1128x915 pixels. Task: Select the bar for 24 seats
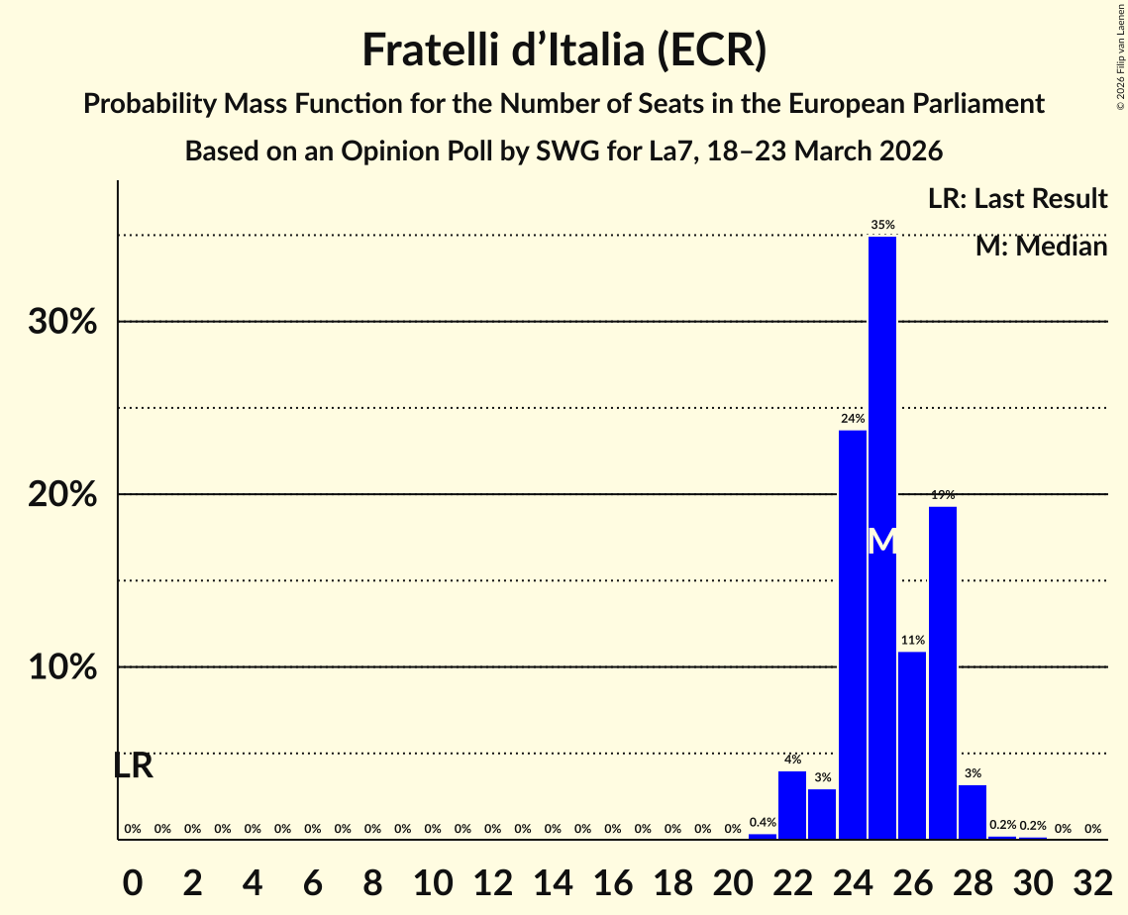[853, 634]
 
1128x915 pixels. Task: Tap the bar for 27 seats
[943, 672]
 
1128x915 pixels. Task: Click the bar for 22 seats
[792, 804]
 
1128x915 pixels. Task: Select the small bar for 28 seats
[973, 812]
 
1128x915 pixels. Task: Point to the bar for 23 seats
[822, 814]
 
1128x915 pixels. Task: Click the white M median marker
[882, 542]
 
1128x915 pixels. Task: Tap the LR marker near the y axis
[133, 765]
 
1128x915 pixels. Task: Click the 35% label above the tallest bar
[882, 225]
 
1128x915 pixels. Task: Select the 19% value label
[943, 494]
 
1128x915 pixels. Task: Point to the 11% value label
[912, 640]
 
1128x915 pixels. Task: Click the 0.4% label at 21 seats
[763, 822]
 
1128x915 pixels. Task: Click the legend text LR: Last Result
[1017, 199]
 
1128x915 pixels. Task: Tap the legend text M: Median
[1040, 247]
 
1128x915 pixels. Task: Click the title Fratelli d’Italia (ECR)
[564, 51]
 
